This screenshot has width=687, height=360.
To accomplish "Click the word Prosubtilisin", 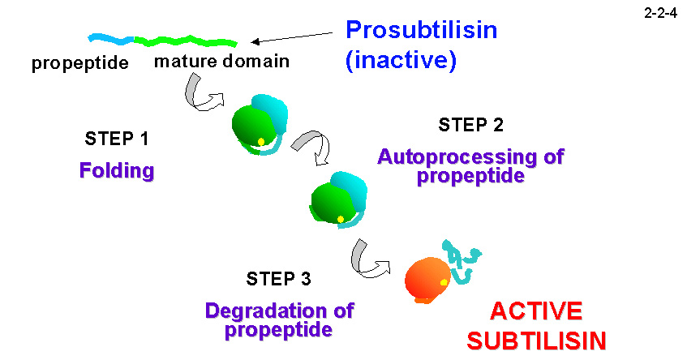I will point(421,32).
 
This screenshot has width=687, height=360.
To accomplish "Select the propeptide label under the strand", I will point(80,63).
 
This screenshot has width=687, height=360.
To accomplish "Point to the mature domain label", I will point(221,62).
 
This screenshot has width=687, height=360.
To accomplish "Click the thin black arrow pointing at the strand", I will point(293,37).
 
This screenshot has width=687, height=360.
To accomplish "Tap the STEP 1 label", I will point(117,138).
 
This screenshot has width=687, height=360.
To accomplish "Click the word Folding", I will point(117,171).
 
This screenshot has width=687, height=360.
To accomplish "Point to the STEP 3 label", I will point(278,280).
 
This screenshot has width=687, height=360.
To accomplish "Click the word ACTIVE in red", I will point(535,311).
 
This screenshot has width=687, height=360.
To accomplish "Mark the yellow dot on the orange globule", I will point(444,282).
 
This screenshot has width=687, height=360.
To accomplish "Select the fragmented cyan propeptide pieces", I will point(461,261).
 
